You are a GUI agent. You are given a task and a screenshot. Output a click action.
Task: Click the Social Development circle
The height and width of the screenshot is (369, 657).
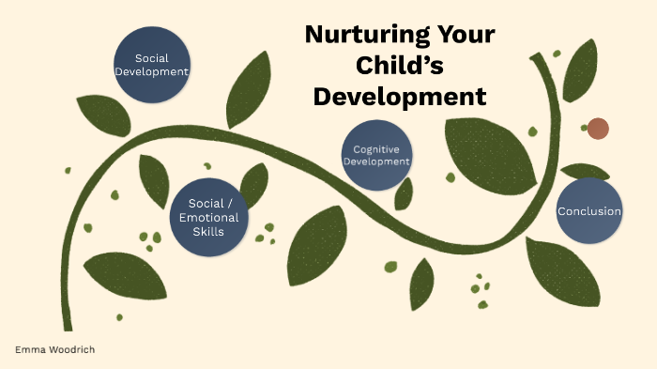tap(150, 64)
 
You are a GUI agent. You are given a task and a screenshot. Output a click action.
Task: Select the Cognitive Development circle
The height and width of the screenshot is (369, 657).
tap(376, 155)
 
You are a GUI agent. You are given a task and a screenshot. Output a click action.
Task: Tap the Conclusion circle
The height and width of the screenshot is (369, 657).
tap(589, 210)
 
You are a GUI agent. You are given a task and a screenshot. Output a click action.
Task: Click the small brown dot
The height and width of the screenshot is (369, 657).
tap(598, 129)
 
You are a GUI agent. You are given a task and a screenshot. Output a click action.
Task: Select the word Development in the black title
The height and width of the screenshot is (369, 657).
tap(400, 97)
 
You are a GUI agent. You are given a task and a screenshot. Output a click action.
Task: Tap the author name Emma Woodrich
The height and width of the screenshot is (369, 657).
tap(54, 349)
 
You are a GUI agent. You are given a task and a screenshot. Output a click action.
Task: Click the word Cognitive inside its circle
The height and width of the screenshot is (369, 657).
tap(377, 149)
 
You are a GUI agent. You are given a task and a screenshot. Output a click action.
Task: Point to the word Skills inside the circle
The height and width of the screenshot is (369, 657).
tap(206, 231)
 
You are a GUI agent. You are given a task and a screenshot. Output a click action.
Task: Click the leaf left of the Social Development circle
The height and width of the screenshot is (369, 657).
tap(102, 115)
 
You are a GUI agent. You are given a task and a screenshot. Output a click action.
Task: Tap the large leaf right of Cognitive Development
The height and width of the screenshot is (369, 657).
tap(488, 150)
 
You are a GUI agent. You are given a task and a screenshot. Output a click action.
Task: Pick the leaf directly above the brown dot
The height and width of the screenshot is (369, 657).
tap(579, 70)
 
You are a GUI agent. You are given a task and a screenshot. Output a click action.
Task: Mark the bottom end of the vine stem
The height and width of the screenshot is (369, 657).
tap(68, 324)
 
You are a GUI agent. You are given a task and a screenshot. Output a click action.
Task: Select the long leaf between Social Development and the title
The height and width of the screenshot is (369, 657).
tap(248, 89)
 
